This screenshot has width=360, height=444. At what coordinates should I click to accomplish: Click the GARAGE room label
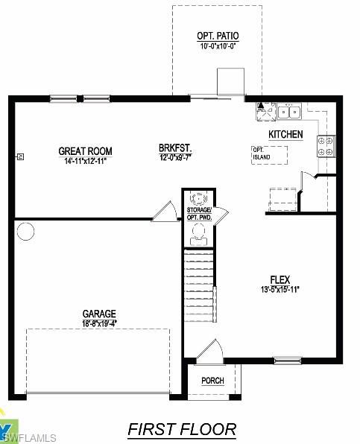(x=98, y=314)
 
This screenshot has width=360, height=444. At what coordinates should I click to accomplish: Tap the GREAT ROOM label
(x=85, y=151)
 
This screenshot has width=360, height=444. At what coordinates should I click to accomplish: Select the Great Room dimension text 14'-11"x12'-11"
(x=85, y=160)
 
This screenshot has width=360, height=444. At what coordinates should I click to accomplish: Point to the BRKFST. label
(x=175, y=148)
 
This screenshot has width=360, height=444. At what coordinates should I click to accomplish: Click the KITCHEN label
(x=285, y=134)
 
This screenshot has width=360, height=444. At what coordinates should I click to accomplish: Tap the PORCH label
(x=212, y=381)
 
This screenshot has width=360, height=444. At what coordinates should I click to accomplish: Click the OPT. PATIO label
(x=218, y=36)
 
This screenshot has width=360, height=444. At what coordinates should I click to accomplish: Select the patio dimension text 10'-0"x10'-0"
(x=218, y=46)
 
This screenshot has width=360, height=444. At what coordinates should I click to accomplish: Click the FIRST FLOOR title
(x=182, y=429)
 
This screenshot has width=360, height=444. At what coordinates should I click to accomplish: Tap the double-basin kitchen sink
(x=288, y=112)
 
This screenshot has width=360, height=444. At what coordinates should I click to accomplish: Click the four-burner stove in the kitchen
(x=326, y=146)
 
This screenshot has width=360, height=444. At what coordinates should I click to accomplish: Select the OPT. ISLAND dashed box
(x=270, y=155)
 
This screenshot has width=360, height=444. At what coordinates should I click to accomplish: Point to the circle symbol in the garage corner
(x=25, y=232)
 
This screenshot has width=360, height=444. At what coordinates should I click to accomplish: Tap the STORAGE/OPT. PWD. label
(x=199, y=215)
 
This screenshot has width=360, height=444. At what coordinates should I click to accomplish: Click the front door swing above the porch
(x=209, y=351)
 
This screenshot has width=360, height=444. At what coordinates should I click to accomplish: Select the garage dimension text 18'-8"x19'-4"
(x=98, y=323)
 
